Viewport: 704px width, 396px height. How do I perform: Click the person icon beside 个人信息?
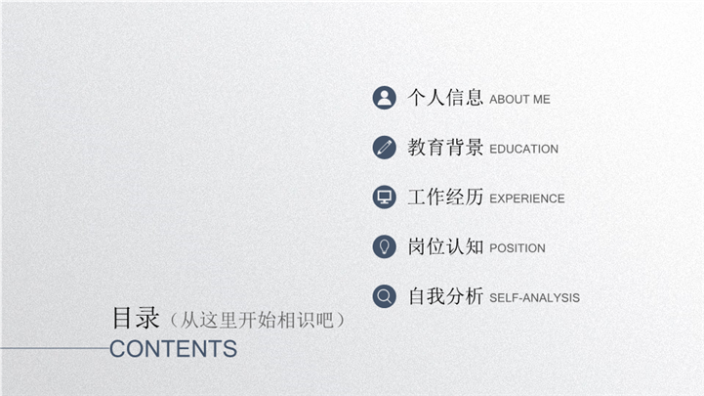click(385, 98)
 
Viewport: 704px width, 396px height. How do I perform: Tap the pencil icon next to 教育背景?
click(385, 148)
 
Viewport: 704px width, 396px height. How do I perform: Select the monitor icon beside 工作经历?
click(385, 197)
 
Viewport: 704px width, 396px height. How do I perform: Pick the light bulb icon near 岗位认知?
click(385, 246)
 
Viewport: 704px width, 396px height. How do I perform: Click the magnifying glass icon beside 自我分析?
click(385, 296)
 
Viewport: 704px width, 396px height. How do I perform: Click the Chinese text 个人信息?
click(445, 98)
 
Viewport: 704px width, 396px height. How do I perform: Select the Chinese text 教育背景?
click(445, 148)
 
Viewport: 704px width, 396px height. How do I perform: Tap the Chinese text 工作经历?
click(445, 197)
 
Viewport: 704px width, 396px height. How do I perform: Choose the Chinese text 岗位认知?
click(445, 246)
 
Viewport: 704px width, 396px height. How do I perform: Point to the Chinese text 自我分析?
click(445, 296)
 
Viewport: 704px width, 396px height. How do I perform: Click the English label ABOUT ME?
click(519, 100)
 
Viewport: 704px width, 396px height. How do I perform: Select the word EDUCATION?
click(524, 149)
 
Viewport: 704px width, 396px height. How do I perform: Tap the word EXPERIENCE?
click(527, 198)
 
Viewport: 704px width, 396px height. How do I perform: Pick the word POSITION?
click(518, 248)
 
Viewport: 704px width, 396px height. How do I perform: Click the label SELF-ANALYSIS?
click(535, 297)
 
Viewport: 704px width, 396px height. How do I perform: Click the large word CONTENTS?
click(173, 349)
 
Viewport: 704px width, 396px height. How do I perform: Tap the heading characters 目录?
click(136, 318)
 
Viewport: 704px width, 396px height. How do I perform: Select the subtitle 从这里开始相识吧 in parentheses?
click(257, 320)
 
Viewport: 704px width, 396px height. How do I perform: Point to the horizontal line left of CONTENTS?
click(55, 348)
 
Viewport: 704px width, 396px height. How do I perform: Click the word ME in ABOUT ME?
click(542, 100)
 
